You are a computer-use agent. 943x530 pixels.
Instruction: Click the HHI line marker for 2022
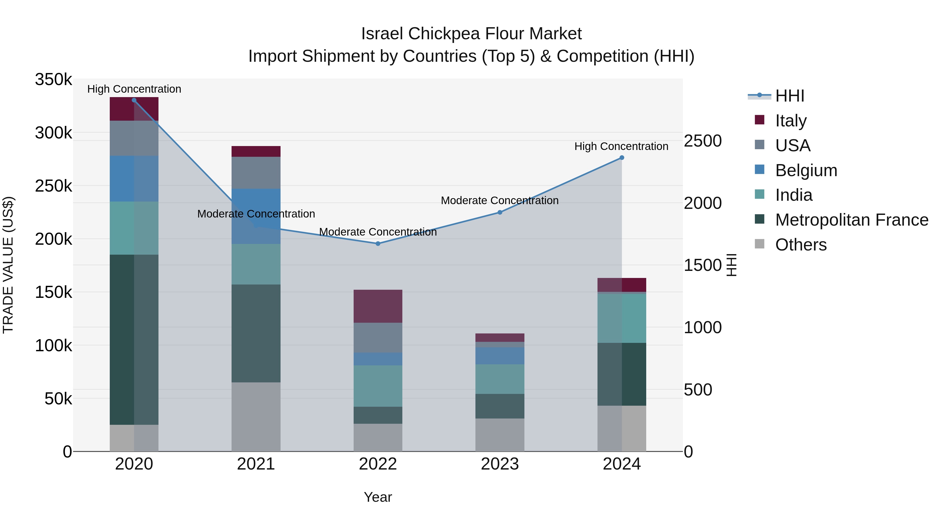click(378, 244)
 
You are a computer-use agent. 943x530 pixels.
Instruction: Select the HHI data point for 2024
click(622, 158)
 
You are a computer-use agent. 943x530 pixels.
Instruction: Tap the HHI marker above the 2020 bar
click(134, 100)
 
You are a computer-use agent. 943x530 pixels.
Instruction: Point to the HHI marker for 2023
click(500, 213)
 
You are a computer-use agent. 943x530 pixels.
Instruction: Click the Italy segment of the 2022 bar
click(378, 306)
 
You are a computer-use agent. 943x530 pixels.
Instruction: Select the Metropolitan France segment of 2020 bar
click(134, 339)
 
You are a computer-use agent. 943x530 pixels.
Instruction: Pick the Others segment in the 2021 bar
click(256, 417)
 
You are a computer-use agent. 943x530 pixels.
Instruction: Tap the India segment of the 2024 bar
click(622, 318)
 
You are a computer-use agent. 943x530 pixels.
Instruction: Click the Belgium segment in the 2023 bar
click(500, 355)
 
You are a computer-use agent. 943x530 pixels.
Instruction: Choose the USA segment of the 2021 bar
click(256, 173)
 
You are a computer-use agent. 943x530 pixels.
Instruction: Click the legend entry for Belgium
click(806, 170)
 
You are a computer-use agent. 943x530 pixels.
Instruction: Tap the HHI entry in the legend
click(789, 96)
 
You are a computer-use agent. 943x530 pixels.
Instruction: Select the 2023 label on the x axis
click(500, 464)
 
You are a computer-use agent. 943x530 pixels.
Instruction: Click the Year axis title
click(378, 497)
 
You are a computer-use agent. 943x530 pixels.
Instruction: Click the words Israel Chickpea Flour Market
click(471, 34)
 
